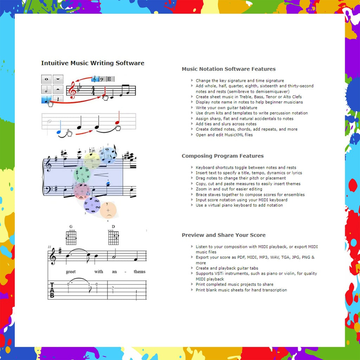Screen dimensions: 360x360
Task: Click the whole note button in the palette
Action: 46,79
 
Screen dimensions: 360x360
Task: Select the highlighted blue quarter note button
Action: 46,99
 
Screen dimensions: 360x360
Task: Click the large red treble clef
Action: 73,90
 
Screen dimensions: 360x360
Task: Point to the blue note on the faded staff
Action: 59,132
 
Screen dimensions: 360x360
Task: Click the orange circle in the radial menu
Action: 108,210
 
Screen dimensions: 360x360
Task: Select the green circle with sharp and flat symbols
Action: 82,174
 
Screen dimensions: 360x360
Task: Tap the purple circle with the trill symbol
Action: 92,205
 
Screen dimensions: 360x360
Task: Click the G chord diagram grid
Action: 71,238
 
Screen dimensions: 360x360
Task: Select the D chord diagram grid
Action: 113,238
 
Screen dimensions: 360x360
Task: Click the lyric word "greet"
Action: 71,272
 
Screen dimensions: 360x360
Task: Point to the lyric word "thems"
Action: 139,272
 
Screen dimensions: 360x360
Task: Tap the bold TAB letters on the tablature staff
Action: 52,290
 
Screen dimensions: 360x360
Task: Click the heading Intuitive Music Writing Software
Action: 92,63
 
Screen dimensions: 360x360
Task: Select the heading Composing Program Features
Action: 223,156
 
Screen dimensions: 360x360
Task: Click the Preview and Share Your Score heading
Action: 224,235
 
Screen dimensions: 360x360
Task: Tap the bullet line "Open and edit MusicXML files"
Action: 224,135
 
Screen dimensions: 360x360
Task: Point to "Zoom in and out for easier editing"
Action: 229,189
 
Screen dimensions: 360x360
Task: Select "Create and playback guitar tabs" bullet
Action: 227,268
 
